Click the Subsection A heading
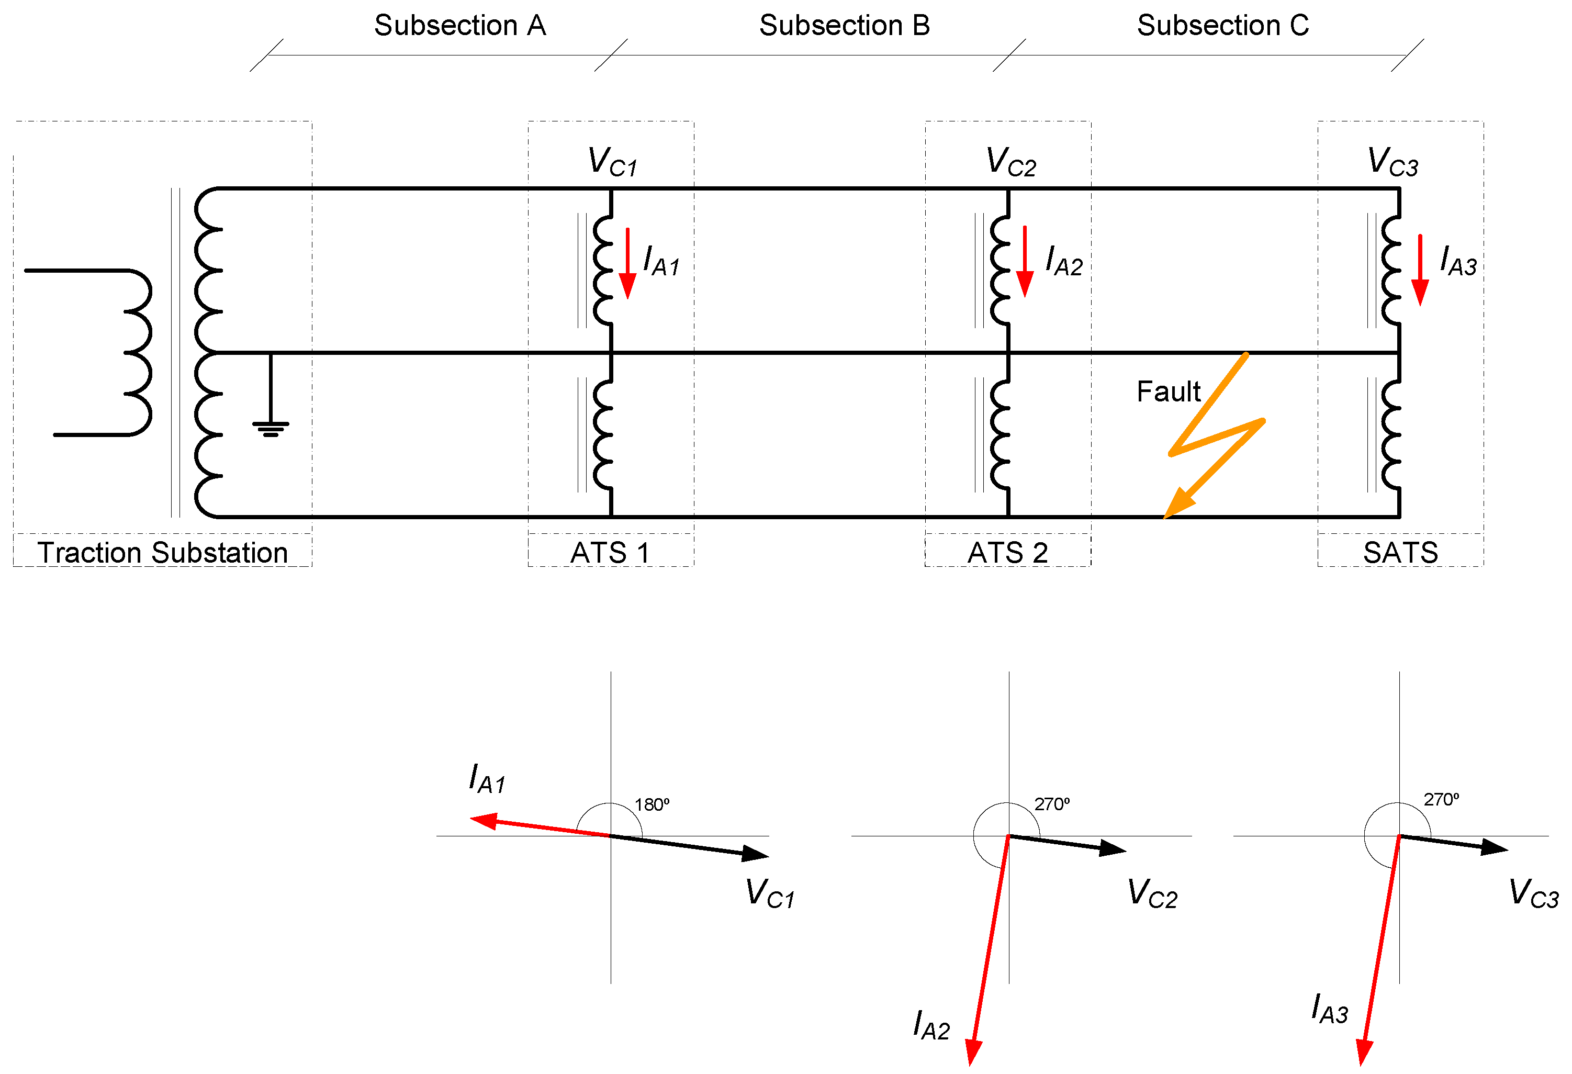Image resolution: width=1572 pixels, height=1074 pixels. [460, 26]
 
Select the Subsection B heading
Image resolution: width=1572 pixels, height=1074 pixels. [844, 26]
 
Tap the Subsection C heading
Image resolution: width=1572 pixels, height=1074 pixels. [1223, 26]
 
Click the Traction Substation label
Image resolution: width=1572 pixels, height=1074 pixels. [162, 553]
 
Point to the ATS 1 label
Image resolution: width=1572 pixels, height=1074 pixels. [610, 553]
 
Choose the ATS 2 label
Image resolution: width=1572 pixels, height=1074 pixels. [1008, 553]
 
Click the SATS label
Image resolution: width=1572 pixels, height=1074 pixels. [1400, 553]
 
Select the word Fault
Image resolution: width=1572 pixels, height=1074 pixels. [1168, 392]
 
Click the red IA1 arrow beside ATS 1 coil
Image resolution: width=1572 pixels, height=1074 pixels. [628, 263]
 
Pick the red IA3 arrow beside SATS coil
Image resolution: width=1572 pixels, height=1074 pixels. [1420, 270]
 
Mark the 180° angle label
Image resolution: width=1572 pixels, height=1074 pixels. [652, 804]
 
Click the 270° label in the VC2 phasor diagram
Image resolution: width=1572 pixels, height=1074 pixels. [1052, 804]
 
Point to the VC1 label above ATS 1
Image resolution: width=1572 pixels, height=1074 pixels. [612, 162]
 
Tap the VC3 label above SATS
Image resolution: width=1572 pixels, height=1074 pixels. [1393, 162]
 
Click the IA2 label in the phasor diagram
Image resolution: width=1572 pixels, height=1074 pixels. [931, 1025]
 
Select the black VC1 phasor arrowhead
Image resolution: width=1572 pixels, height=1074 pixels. [756, 854]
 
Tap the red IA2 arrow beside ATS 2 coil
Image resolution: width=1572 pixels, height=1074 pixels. [1025, 262]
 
